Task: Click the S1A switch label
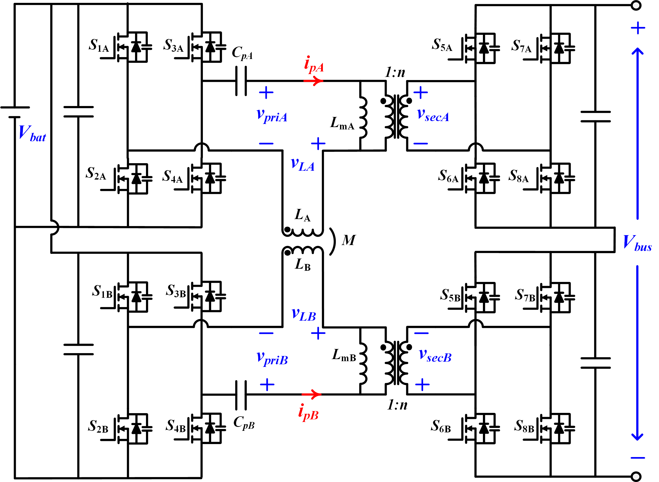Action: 98,46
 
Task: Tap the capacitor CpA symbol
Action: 241,81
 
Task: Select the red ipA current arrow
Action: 314,81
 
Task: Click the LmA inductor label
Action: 342,123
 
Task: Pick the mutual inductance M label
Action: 349,240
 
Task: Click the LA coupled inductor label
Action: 302,215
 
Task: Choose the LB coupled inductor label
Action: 302,265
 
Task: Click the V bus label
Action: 637,243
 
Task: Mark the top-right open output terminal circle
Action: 636,5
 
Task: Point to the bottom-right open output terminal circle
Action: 636,477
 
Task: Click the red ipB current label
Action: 308,412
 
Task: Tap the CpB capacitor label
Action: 244,423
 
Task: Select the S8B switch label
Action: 524,426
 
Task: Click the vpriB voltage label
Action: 272,359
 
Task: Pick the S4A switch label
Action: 172,177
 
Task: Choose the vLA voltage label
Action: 303,165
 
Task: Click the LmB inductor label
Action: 344,355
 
